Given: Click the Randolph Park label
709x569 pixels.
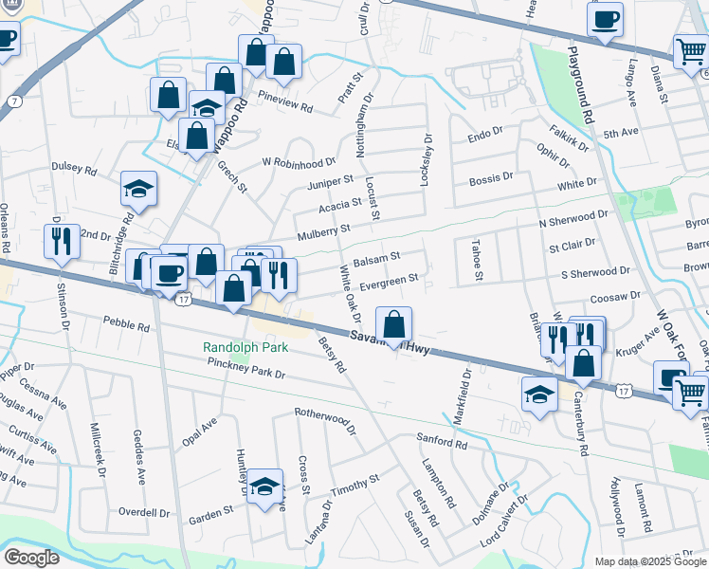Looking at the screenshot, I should coord(244,347).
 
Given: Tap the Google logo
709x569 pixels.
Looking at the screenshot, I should coord(31,558).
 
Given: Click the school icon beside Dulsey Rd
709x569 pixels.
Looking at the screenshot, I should coord(139,190).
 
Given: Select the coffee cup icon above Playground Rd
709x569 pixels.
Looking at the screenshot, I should coord(605,19).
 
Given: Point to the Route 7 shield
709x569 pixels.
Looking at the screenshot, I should coord(13,100).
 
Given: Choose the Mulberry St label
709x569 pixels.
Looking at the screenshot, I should coord(324,230).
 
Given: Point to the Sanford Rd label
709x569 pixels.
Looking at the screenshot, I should coord(443,440).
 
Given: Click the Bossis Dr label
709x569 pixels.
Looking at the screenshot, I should coord(491,177).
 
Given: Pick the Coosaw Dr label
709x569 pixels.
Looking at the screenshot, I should coord(614,297).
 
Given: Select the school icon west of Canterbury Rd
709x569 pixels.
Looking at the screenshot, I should coord(539,395).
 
